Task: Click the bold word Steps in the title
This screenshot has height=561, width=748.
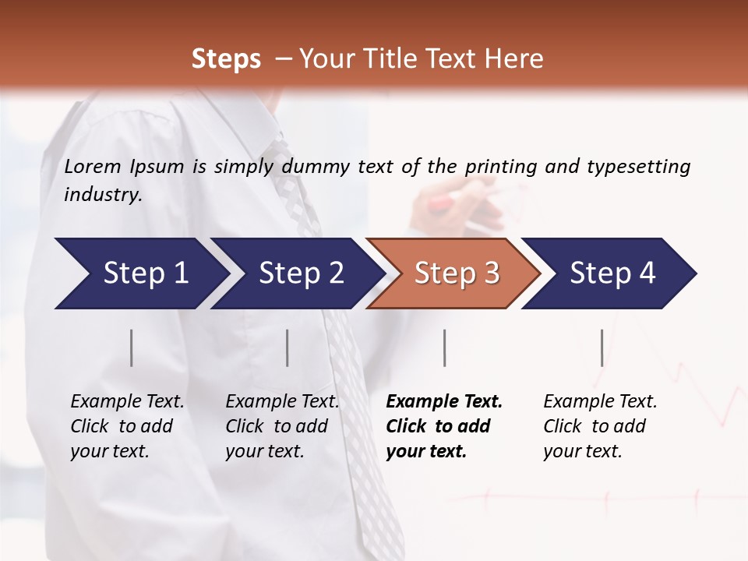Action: tap(226, 59)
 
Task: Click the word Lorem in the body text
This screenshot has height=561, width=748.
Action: tap(93, 166)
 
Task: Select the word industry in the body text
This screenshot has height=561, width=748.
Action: tap(103, 194)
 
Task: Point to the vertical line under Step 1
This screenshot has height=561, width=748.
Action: tap(132, 348)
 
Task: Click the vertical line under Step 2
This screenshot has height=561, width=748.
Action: tap(288, 348)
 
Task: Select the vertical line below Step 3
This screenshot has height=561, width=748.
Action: tap(444, 348)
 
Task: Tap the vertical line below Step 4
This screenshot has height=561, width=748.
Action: tap(602, 348)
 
